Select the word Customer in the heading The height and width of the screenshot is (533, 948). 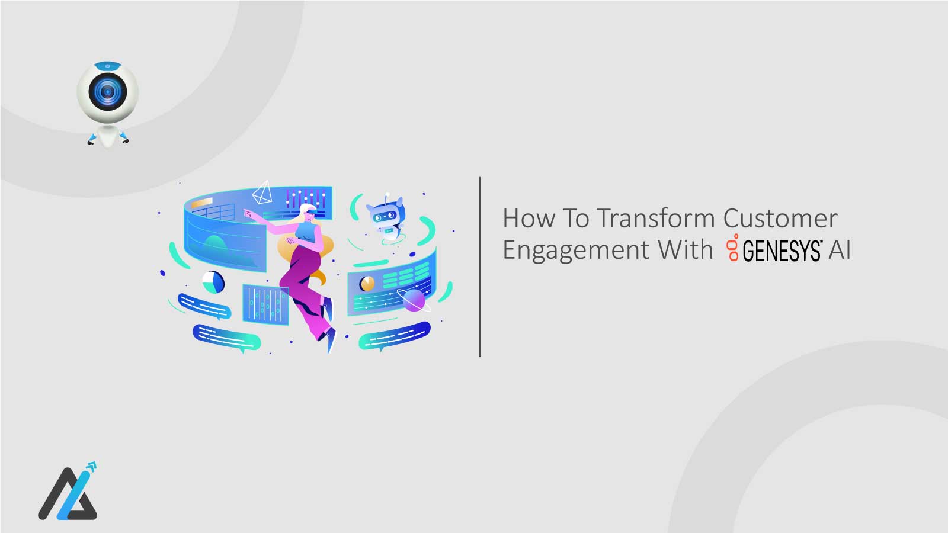[780, 219]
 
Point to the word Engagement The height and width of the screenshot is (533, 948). [574, 250]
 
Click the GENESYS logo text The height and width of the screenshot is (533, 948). [782, 251]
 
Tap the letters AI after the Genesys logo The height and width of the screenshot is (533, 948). [840, 250]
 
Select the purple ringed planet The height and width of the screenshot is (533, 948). [414, 300]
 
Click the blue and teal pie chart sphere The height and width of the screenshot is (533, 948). [213, 282]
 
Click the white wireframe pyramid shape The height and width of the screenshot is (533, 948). [262, 193]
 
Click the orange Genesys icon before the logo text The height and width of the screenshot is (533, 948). [734, 249]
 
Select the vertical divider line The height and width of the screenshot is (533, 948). [479, 266]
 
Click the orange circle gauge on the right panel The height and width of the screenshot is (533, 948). [367, 284]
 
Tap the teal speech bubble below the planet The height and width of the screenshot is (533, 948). [393, 336]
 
